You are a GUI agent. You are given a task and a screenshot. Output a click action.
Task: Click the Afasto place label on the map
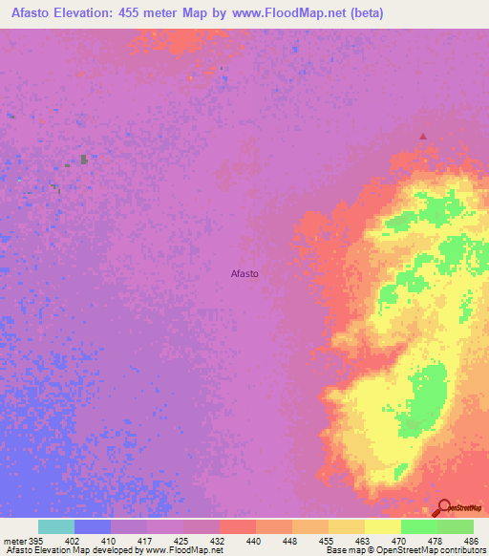[x=244, y=274]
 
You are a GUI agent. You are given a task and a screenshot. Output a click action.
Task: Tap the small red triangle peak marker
[x=423, y=136]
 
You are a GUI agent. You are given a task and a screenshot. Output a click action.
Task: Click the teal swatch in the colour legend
[x=56, y=526]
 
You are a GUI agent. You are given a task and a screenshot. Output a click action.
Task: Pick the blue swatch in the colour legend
[x=93, y=526]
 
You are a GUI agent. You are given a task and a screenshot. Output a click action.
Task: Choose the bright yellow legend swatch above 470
[x=383, y=526]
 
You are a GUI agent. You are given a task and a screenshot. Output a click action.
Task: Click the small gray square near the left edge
[x=84, y=160]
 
